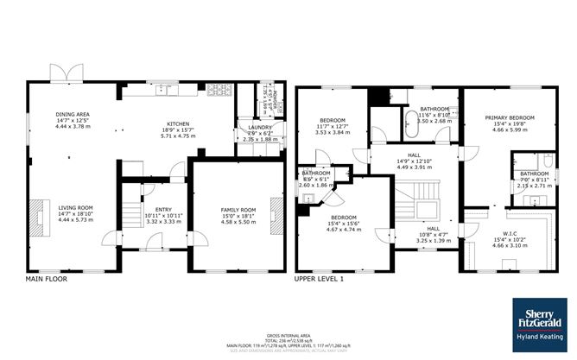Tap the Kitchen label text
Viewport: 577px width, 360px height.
178,123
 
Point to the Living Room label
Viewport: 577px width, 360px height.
74,208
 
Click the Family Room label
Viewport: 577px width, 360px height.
235,210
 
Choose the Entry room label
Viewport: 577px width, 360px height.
163,210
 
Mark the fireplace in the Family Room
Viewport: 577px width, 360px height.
275,211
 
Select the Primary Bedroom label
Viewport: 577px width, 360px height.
509,117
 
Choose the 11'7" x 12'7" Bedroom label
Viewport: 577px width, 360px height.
333,120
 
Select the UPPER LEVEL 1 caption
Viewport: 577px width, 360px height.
320,279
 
